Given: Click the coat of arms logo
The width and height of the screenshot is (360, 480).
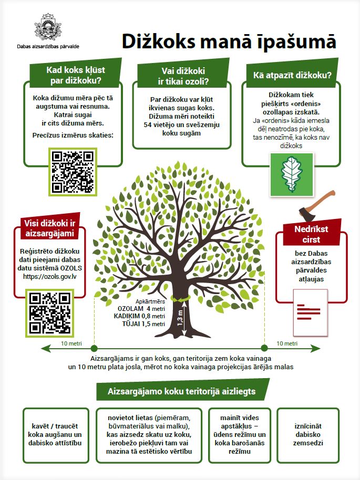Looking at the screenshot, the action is coord(48,27).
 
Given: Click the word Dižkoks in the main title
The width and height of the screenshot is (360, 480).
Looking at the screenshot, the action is coord(158,41).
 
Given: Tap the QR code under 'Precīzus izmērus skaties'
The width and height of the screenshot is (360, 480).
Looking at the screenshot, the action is coord(73,172).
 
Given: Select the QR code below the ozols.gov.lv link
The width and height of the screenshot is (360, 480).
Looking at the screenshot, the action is coord(49,313).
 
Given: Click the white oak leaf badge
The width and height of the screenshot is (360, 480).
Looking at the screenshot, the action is coord(291,175).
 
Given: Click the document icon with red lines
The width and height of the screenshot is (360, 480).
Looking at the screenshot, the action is coord(310,313).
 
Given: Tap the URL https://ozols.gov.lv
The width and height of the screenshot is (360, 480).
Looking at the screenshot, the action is coord(49,276).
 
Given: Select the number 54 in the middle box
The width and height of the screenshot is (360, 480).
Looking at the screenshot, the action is coord(148,124).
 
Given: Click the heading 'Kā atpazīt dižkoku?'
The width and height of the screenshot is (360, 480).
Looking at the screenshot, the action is coord(292,75).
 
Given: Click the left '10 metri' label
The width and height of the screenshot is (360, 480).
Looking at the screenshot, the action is coord(71,343).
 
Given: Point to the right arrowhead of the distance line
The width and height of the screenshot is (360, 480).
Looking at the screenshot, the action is coord(316,348).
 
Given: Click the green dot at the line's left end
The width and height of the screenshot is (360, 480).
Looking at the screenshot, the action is coord(94,348).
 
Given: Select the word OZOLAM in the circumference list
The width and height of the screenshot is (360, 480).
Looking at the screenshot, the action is coord(130,309).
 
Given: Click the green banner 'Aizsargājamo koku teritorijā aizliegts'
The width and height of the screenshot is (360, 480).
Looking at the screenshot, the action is coord(182,390).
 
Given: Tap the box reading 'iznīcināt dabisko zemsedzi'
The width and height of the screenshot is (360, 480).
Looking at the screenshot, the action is coord(308,435).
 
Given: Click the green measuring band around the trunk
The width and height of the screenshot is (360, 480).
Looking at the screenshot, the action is coord(180,298).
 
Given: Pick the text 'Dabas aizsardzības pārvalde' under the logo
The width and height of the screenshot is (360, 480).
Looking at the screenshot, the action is coord(48,47).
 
